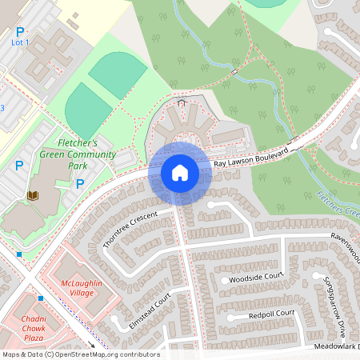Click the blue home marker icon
tap(179, 172)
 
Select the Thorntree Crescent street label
tap(132, 229)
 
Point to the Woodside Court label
tap(256, 278)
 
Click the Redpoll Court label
tap(271, 314)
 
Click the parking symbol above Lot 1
tap(20, 31)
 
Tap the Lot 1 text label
tap(20, 42)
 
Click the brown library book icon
tap(33, 195)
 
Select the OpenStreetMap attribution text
tap(80, 354)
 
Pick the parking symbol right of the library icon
tap(79, 184)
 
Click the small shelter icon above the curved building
tap(182, 102)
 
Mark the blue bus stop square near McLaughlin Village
tap(40, 298)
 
